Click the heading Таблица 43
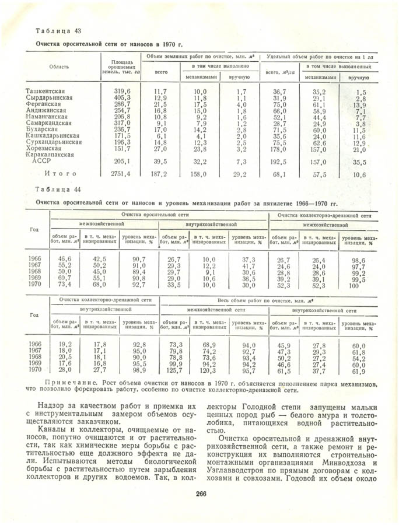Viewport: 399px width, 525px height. click(x=58, y=30)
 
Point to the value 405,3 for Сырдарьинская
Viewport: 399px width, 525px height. click(x=121, y=97)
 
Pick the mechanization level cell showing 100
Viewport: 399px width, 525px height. click(x=354, y=286)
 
